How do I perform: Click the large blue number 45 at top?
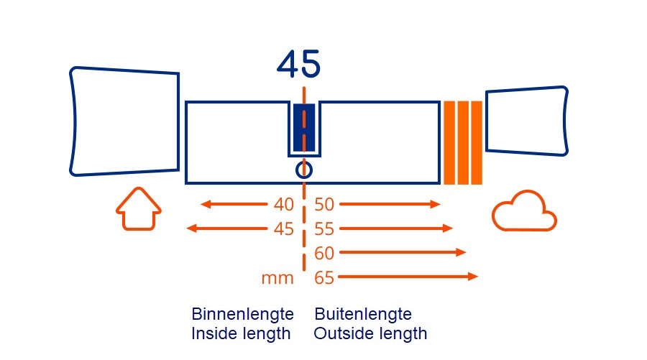[x=298, y=65]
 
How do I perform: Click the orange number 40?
[x=284, y=205]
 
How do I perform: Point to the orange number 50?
[x=325, y=205]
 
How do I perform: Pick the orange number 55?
[x=325, y=229]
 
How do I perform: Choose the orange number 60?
[x=325, y=253]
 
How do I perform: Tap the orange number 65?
[x=325, y=277]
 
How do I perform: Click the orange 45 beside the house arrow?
[x=284, y=229]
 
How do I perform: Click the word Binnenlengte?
[x=242, y=315]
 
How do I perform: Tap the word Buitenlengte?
[x=363, y=315]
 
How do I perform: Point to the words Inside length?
[x=241, y=334]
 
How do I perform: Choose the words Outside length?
[x=370, y=334]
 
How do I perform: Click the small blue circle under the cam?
[x=304, y=170]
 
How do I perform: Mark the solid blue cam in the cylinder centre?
[x=304, y=127]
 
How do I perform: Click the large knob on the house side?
[x=124, y=121]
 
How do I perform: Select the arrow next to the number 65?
[x=408, y=277]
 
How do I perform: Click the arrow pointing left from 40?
[x=234, y=205]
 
